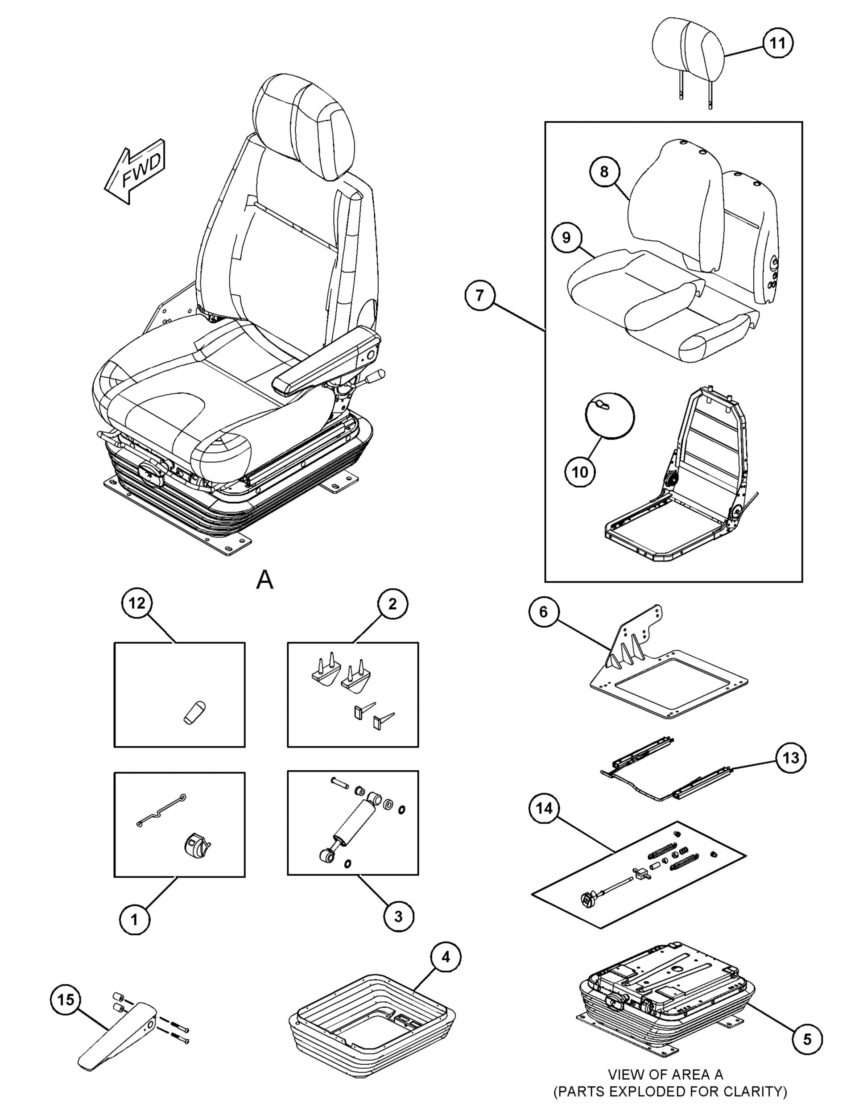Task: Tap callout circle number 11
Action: tap(777, 43)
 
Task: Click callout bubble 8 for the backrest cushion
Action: tap(604, 172)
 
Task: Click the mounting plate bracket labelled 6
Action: tap(667, 677)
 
